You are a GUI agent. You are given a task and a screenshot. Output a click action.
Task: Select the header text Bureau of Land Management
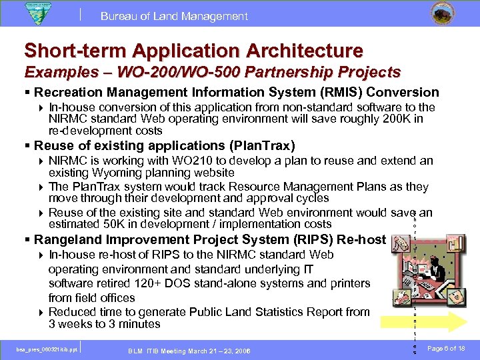[174, 16]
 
